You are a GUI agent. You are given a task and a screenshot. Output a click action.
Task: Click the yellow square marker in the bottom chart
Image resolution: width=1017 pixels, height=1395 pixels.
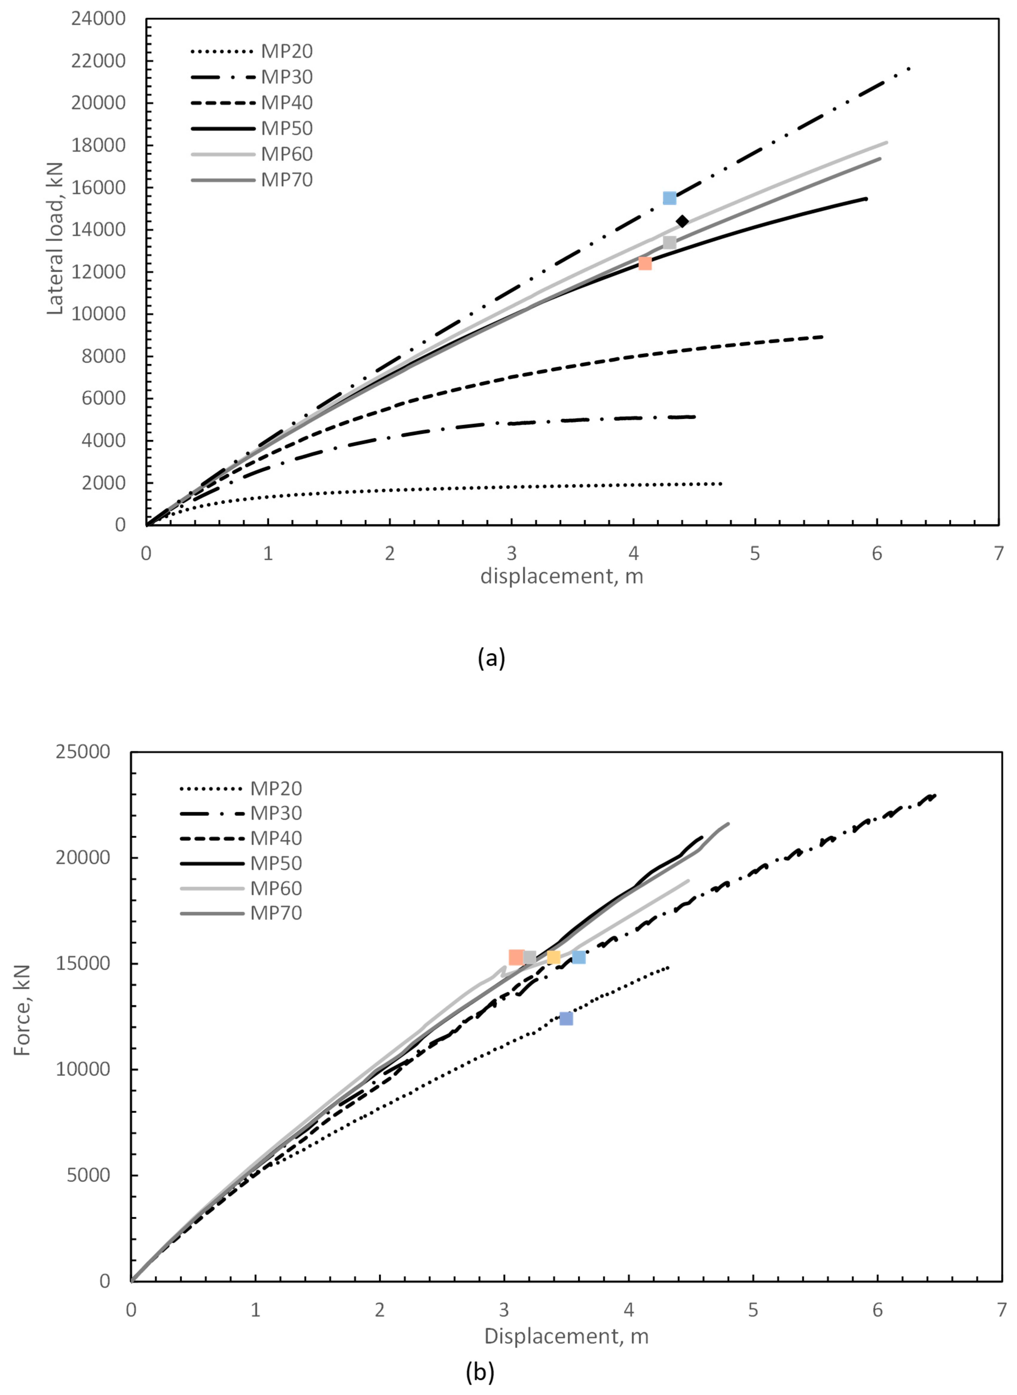[553, 957]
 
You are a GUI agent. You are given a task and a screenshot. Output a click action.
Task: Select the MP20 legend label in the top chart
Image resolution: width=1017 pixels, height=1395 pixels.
[287, 51]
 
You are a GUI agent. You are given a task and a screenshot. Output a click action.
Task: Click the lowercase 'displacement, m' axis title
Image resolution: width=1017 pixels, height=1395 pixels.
[562, 576]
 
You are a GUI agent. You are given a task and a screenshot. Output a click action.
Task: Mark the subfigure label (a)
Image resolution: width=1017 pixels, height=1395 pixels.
[491, 658]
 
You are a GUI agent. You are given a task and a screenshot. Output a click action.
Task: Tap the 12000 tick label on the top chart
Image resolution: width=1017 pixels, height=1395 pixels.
[99, 272]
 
